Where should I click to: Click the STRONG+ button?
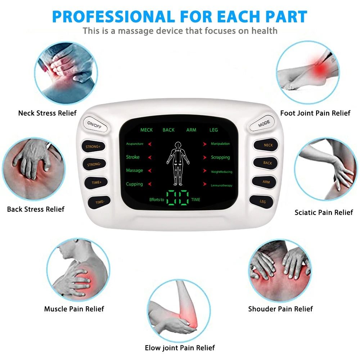click(93, 147)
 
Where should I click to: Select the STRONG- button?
click(94, 165)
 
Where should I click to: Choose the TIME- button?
click(100, 202)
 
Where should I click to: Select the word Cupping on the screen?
click(134, 184)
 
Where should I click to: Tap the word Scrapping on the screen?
click(220, 157)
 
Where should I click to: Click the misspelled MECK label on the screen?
click(147, 130)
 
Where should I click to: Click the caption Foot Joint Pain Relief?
click(315, 113)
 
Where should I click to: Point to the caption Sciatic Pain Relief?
click(324, 212)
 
